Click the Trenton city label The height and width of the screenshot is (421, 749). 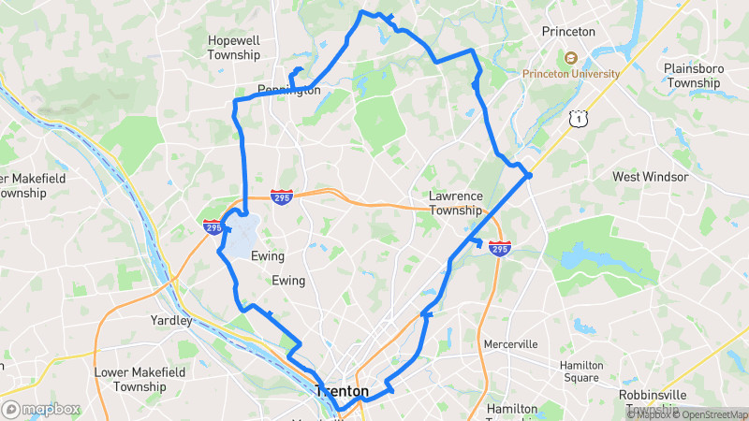click(343, 391)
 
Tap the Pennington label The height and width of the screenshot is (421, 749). click(289, 91)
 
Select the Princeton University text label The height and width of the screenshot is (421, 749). click(571, 74)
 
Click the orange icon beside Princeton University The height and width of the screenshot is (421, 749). click(570, 58)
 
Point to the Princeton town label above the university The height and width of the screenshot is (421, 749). click(568, 32)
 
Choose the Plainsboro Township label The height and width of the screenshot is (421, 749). click(693, 76)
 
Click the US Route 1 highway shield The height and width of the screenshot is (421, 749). click(580, 119)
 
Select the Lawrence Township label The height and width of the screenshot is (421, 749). click(456, 203)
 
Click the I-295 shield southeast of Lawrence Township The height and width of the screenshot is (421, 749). click(499, 250)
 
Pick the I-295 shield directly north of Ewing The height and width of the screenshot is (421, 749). click(281, 197)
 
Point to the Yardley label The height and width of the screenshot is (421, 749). click(171, 321)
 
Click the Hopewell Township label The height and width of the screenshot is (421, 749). click(234, 48)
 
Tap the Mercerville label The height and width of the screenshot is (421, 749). click(510, 344)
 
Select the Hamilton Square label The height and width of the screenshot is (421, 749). click(580, 371)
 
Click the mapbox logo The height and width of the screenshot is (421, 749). click(41, 409)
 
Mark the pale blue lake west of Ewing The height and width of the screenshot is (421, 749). click(244, 236)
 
